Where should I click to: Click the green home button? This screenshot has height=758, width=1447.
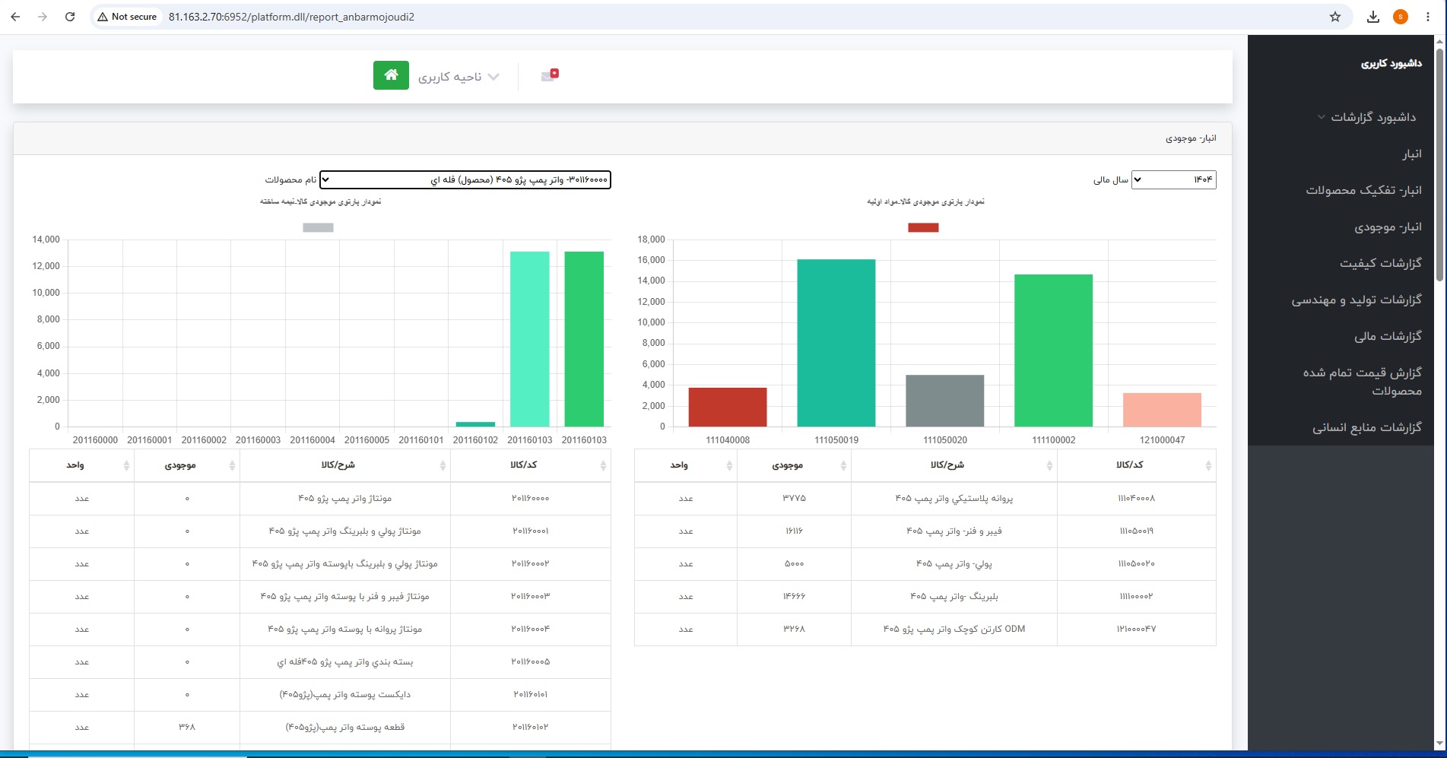(x=391, y=75)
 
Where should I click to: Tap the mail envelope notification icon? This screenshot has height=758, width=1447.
(x=550, y=75)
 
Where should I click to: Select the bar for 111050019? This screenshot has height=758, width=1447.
(x=836, y=343)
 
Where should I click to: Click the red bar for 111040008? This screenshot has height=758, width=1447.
(x=728, y=407)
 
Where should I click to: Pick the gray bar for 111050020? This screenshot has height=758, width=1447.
(x=944, y=401)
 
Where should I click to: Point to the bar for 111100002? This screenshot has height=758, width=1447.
(x=1053, y=350)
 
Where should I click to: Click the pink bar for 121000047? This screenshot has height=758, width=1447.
(x=1162, y=410)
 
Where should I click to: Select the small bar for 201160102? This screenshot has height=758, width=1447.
(x=475, y=424)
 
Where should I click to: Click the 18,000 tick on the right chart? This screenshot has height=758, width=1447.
(x=651, y=239)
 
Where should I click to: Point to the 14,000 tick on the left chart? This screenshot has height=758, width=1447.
(x=46, y=239)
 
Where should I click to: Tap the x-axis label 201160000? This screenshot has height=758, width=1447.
(x=95, y=440)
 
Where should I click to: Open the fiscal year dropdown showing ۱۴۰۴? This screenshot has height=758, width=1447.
(x=1173, y=179)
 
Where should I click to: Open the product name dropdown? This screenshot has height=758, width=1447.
(x=465, y=179)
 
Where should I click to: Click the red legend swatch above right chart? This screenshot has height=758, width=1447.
(x=923, y=227)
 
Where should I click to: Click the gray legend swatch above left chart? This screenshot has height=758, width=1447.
(x=318, y=227)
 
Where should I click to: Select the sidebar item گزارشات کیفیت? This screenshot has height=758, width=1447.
(x=1380, y=263)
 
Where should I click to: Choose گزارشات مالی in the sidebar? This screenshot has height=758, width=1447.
(x=1388, y=336)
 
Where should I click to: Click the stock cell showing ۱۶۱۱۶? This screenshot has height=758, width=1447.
(x=794, y=531)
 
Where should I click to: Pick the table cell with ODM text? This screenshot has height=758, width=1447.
(x=954, y=629)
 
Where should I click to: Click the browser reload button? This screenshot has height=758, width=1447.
(x=70, y=17)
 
